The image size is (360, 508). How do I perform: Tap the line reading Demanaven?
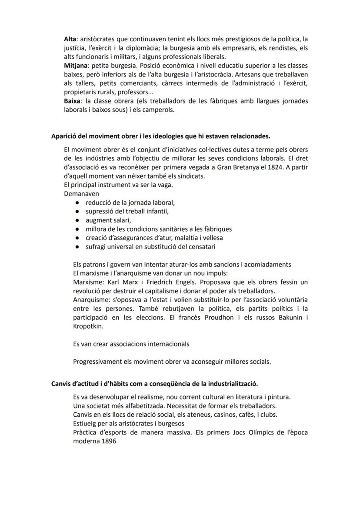click(81, 193)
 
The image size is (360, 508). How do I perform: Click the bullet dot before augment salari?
click(77, 220)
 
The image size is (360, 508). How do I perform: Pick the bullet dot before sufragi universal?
click(77, 247)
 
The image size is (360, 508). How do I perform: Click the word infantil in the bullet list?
click(156, 211)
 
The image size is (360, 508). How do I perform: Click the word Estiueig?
click(86, 423)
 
